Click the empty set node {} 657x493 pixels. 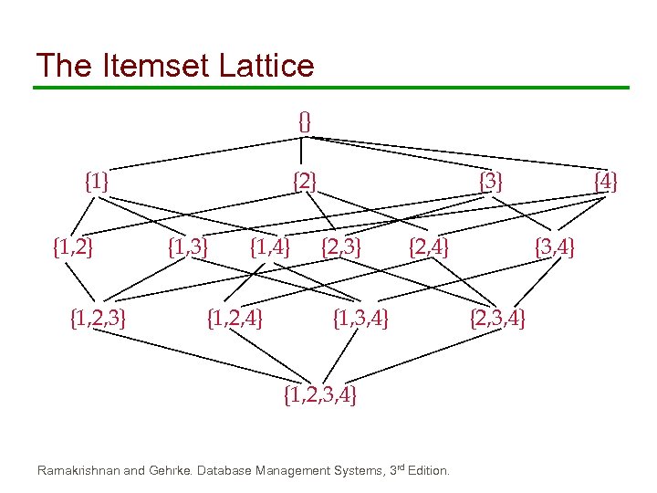(305, 120)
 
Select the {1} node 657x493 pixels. (96, 181)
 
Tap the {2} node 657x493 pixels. (305, 181)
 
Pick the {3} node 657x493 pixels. (491, 181)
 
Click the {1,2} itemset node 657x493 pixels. (75, 246)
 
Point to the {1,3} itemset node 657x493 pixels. (189, 246)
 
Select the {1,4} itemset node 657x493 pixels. (270, 246)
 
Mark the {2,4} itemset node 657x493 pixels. (429, 246)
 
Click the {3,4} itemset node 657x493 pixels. (555, 246)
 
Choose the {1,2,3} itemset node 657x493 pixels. (98, 319)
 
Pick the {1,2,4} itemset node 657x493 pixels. (236, 319)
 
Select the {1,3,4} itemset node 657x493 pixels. (360, 319)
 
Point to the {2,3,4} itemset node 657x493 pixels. (497, 319)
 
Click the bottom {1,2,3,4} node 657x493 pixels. (320, 394)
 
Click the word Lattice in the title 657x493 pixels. (270, 66)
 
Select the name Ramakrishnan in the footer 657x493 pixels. (78, 471)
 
